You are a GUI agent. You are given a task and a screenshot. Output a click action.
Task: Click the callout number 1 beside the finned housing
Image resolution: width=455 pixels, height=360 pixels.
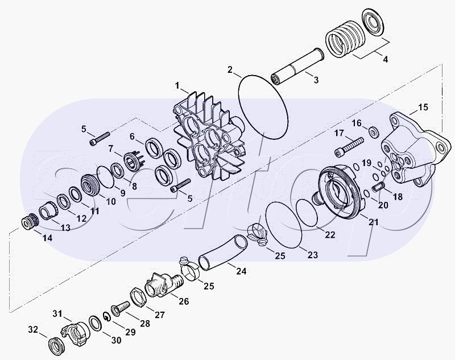(177, 86)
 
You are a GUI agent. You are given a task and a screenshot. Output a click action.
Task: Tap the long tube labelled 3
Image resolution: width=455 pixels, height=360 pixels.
(297, 67)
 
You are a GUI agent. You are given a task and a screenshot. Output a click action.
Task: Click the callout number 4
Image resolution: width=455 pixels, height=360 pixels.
(385, 59)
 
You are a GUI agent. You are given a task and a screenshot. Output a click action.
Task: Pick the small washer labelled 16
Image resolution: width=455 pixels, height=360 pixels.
(373, 131)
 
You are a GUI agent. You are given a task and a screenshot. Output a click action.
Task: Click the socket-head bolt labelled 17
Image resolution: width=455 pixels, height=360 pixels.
(349, 147)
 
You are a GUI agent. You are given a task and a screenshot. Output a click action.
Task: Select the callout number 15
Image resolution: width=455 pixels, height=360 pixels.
(423, 107)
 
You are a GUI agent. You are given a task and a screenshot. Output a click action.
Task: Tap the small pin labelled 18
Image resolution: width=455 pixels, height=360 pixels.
(378, 187)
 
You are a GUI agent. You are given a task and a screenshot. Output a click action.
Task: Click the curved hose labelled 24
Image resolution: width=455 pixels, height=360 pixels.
(223, 251)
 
